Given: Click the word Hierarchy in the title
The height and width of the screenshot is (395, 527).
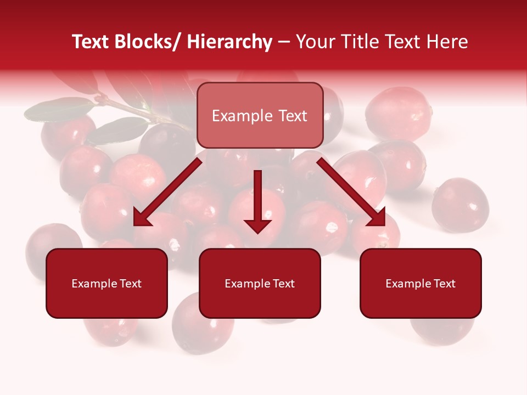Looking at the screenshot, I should tap(229, 42).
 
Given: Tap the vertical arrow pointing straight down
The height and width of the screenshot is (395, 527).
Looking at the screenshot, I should tap(257, 200).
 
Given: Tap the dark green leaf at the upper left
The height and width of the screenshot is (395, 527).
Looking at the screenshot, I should tap(58, 109).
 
